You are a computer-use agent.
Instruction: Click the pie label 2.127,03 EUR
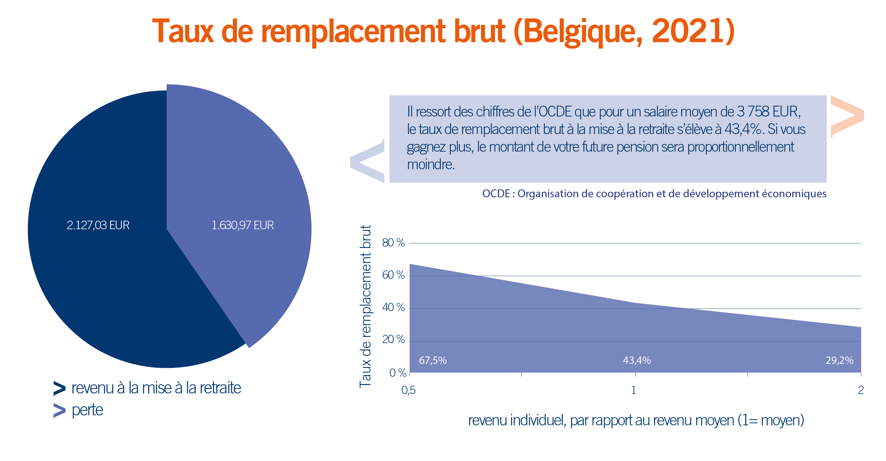[x=98, y=225]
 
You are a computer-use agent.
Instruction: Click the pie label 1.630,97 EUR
[x=243, y=225]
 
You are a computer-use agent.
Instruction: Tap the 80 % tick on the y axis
[x=393, y=243]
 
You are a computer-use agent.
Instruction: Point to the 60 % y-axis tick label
[x=393, y=275]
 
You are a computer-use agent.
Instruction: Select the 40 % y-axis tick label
[x=393, y=307]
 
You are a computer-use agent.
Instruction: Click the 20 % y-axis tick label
[x=393, y=340]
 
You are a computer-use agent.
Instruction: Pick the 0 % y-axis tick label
[x=397, y=373]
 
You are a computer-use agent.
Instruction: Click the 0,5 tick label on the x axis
[x=408, y=390]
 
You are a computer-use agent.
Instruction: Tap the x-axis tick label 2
[x=861, y=390]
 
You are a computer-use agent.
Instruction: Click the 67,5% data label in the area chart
[x=432, y=360]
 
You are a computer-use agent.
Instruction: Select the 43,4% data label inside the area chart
[x=637, y=360]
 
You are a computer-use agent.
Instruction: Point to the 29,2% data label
[x=839, y=360]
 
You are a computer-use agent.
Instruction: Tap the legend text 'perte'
[x=87, y=410]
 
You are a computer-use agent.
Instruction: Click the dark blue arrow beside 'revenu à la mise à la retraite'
[x=59, y=388]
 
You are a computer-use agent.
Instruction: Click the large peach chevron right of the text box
[x=847, y=117]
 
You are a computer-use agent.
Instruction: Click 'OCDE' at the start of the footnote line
[x=496, y=194]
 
